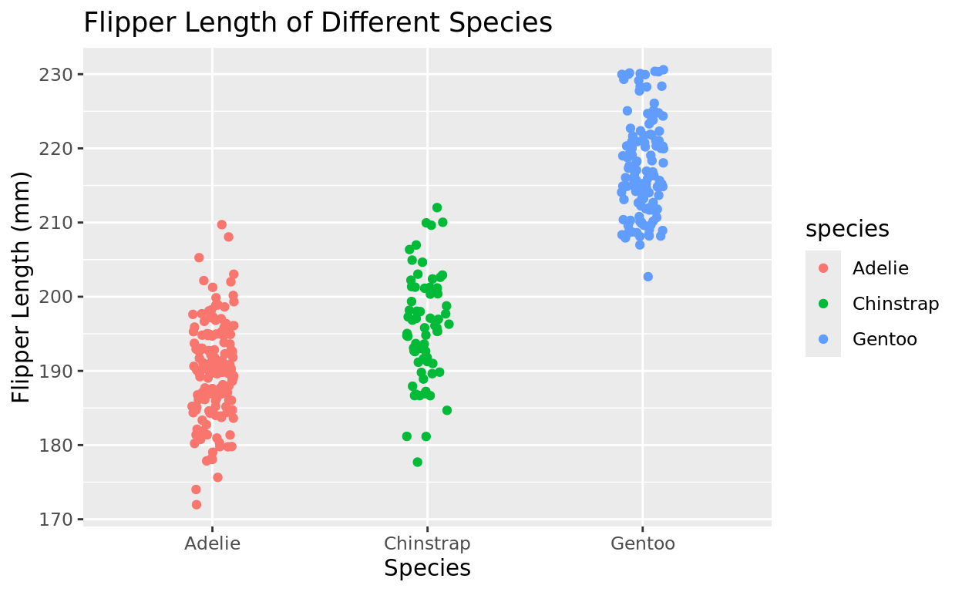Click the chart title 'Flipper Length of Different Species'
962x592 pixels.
318,23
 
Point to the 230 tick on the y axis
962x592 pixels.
58,75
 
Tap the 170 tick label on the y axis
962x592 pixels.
58,520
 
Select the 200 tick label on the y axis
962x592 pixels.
58,297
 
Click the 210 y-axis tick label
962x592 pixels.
58,223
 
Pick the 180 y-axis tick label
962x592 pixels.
58,446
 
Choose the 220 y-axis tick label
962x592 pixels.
58,149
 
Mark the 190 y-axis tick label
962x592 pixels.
58,372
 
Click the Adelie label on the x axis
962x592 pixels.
212,543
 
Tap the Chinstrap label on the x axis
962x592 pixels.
427,543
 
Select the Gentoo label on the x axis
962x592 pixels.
642,543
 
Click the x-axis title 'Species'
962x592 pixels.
427,569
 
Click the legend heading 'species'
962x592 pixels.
847,229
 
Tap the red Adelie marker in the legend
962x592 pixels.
823,268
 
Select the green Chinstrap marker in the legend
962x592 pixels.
823,304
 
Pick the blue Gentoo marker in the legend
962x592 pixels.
823,339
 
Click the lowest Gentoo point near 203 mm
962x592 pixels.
647,277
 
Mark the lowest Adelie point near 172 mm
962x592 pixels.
197,505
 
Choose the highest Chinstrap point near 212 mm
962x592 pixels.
437,207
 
